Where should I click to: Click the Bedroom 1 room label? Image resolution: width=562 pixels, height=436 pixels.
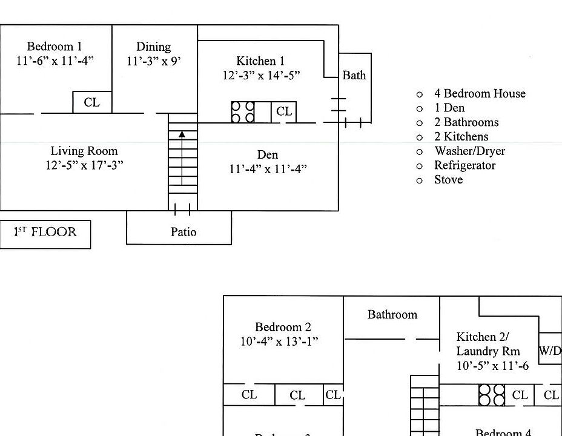pyautogui.click(x=55, y=47)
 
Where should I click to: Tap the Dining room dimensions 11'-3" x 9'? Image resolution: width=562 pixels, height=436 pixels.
pyautogui.click(x=154, y=61)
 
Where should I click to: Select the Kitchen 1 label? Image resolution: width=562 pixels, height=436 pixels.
pyautogui.click(x=260, y=61)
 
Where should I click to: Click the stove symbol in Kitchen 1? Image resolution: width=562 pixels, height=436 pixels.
pyautogui.click(x=243, y=112)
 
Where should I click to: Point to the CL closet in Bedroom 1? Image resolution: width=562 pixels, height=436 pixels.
pyautogui.click(x=92, y=102)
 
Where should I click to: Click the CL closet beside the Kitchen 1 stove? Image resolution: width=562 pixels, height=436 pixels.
pyautogui.click(x=283, y=112)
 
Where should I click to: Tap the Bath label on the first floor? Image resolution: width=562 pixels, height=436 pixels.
pyautogui.click(x=354, y=76)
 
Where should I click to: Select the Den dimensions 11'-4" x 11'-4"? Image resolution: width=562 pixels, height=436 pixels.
pyautogui.click(x=268, y=169)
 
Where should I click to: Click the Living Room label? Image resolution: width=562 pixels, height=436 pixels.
pyautogui.click(x=84, y=151)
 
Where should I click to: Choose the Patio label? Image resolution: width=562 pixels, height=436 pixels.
pyautogui.click(x=183, y=231)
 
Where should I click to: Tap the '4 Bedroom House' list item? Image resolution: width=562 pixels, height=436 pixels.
pyautogui.click(x=479, y=93)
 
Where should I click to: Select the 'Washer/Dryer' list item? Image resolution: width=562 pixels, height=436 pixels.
pyautogui.click(x=469, y=151)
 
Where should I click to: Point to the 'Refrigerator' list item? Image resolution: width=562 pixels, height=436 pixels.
pyautogui.click(x=464, y=165)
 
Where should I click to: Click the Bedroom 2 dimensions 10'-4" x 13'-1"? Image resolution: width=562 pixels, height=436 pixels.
pyautogui.click(x=279, y=342)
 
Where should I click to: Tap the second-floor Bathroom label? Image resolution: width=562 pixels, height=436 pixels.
pyautogui.click(x=392, y=314)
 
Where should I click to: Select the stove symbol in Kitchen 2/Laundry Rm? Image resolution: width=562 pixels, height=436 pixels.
pyautogui.click(x=492, y=395)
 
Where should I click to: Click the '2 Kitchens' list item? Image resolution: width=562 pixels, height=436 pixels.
pyautogui.click(x=461, y=137)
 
